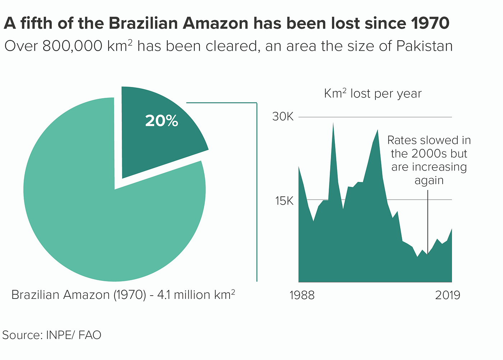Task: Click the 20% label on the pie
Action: coord(161,121)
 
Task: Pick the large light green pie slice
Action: coord(108,223)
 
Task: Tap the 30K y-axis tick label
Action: coord(283,117)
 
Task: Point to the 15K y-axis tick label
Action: coord(284,201)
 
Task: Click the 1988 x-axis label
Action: coord(302,295)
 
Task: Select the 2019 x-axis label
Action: coord(447,295)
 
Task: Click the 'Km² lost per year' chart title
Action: coord(373,94)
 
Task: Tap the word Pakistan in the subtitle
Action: coord(424,46)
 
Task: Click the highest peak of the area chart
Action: coord(333,124)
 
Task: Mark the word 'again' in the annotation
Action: coord(429,180)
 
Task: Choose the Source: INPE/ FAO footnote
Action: coord(52,335)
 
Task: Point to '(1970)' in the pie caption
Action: coord(130,295)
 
